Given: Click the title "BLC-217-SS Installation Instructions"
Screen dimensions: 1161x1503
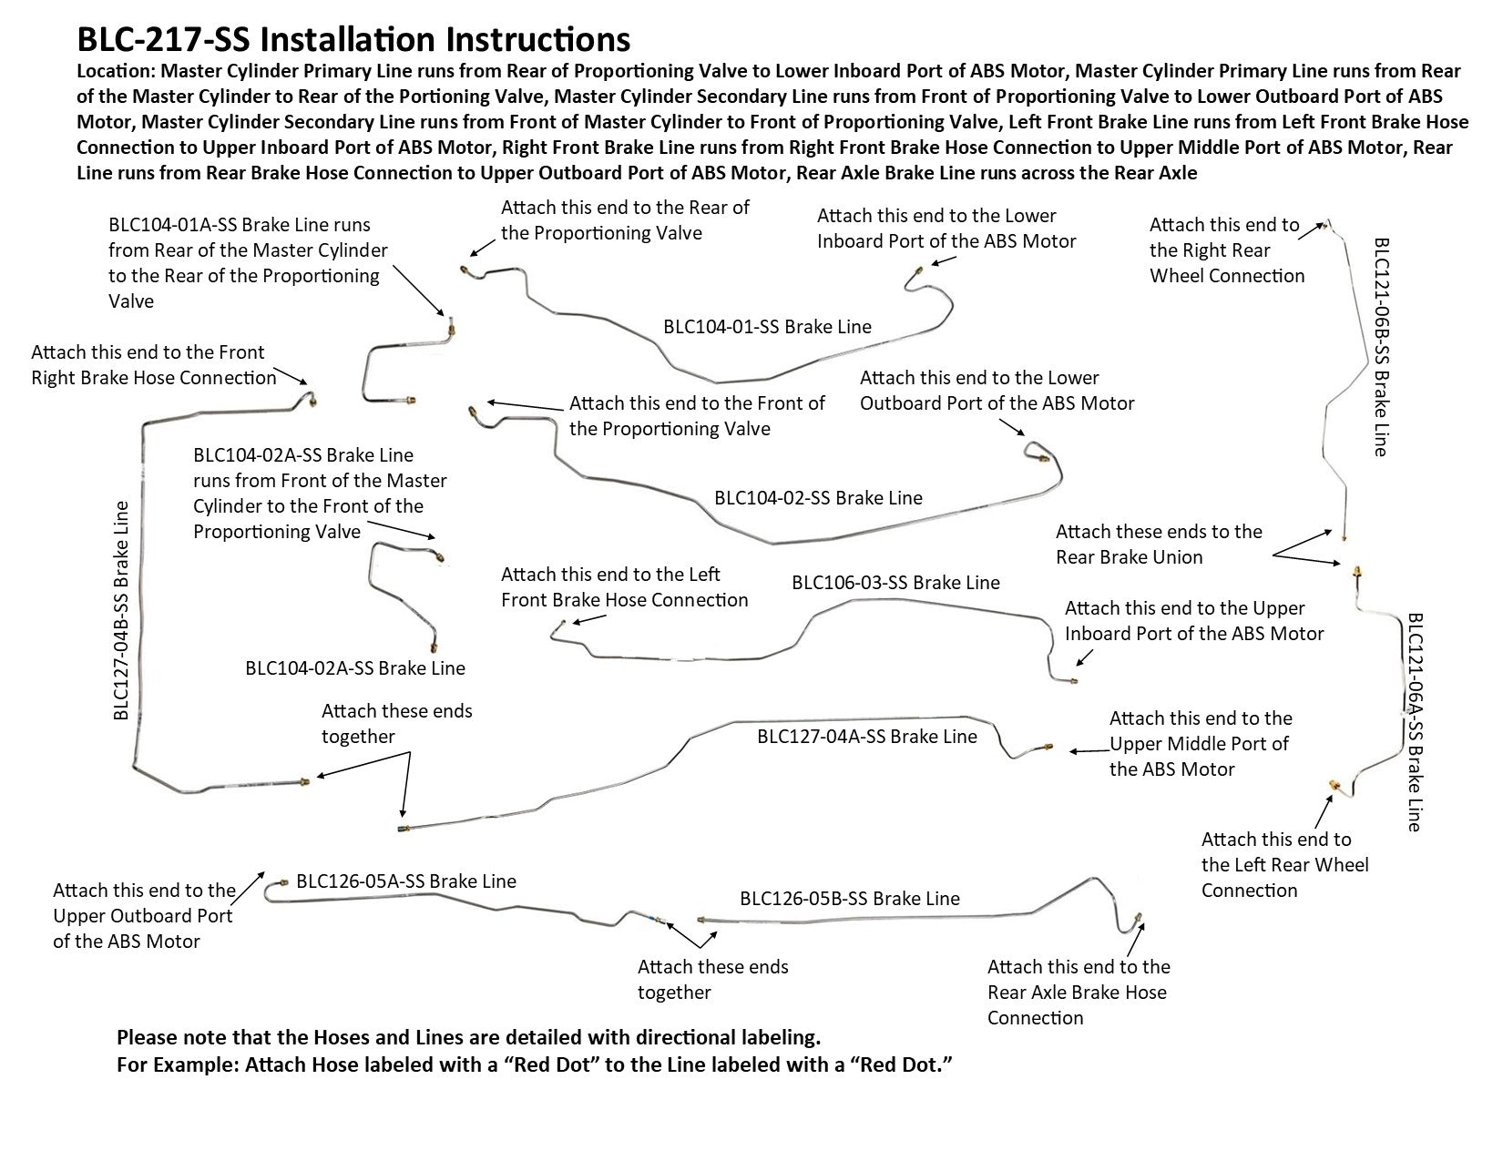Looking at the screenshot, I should point(353,39).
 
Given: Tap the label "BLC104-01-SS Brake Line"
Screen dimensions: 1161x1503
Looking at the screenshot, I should point(767,326).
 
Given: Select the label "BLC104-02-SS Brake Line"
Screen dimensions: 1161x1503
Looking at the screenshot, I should point(818,497).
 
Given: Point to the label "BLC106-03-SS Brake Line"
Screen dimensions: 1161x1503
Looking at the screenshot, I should point(895,582).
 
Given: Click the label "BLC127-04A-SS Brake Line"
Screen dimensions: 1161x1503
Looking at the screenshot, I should point(866,736).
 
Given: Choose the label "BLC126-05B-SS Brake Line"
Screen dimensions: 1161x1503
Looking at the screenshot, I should point(850,898).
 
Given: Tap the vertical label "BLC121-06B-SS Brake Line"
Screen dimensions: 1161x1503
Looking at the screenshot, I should point(1381,347).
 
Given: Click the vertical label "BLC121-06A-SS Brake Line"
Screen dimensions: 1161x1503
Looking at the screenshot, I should point(1415,721).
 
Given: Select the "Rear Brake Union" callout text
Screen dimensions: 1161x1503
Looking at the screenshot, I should point(1159,544).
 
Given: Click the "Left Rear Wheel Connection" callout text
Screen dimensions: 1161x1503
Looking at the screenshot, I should point(1284,864).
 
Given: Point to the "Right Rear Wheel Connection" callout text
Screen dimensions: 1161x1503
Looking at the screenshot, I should point(1226,250).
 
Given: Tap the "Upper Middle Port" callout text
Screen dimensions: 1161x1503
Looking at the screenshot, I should point(1200,743).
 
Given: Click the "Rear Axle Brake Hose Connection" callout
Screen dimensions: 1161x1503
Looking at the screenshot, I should point(1079,992).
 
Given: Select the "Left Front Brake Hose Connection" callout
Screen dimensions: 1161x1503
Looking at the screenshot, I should point(624,586).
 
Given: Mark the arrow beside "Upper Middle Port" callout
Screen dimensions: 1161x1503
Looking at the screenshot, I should point(1088,751).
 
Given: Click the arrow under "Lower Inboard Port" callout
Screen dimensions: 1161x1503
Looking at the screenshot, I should point(944,261).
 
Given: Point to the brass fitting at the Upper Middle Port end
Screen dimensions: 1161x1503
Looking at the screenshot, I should point(1047,747).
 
